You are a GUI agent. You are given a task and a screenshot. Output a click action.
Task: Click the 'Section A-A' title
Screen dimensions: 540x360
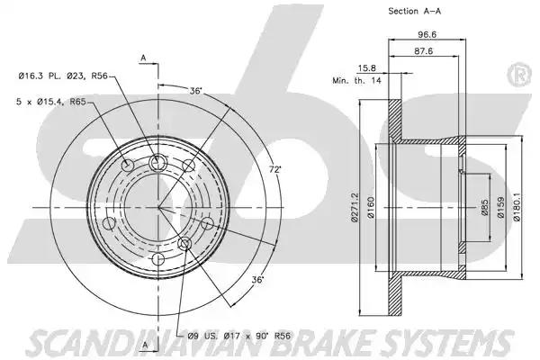coord(414,11)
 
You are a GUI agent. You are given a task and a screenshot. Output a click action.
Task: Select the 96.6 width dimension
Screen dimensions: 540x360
coord(427,34)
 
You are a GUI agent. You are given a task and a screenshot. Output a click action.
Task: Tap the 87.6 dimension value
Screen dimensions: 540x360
coord(424,51)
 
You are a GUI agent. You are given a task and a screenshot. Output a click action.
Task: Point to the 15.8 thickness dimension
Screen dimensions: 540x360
coord(367,68)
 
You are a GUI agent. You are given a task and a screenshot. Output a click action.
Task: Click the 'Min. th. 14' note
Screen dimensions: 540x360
coord(356,81)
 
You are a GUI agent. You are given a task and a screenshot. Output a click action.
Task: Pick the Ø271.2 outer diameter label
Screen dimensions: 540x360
coord(355,207)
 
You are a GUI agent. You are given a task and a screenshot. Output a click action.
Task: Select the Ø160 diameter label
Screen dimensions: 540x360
coord(371,207)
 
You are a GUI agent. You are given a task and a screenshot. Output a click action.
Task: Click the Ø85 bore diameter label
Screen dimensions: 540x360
coord(484,207)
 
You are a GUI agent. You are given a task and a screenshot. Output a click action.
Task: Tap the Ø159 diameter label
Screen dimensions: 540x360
coord(500,207)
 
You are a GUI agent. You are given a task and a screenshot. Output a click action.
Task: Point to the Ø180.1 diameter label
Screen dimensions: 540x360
coord(517,207)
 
